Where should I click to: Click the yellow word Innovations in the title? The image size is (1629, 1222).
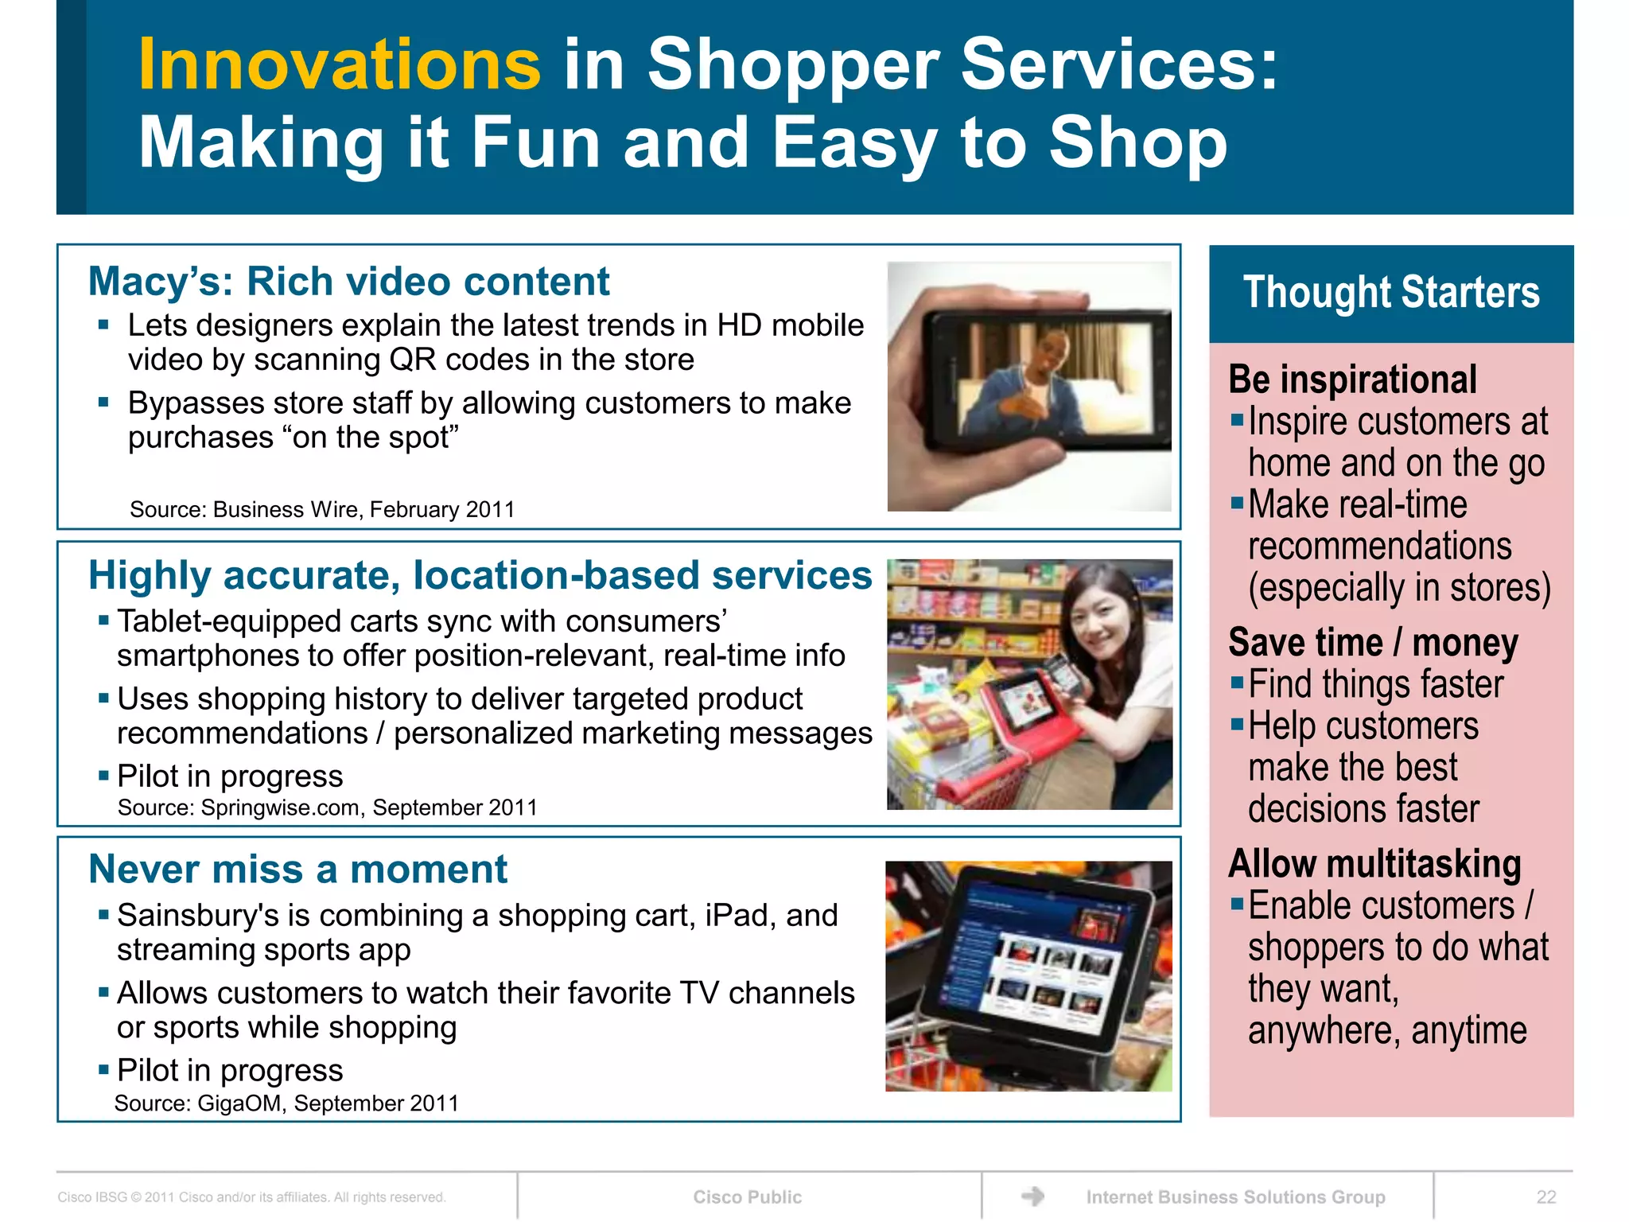pyautogui.click(x=340, y=65)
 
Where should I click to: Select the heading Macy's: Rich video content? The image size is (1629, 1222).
pyautogui.click(x=348, y=282)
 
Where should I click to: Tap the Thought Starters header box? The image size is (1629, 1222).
pyautogui.click(x=1390, y=293)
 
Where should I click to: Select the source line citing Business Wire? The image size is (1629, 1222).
pyautogui.click(x=322, y=509)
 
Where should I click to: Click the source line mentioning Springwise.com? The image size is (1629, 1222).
pyautogui.click(x=327, y=808)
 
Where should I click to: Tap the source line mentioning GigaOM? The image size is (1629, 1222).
pyautogui.click(x=286, y=1103)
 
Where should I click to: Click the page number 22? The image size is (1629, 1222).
pyautogui.click(x=1545, y=1197)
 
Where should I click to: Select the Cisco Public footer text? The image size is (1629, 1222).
pyautogui.click(x=747, y=1197)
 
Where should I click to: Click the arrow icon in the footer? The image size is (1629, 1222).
pyautogui.click(x=1032, y=1196)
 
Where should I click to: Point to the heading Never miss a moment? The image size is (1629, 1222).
pyautogui.click(x=297, y=869)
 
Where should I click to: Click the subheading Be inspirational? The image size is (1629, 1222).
pyautogui.click(x=1352, y=379)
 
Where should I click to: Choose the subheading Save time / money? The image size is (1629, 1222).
pyautogui.click(x=1373, y=643)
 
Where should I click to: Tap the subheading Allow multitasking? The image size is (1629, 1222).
pyautogui.click(x=1374, y=864)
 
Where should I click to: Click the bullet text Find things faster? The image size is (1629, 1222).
pyautogui.click(x=1375, y=684)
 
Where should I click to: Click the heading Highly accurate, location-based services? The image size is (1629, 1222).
pyautogui.click(x=480, y=575)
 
